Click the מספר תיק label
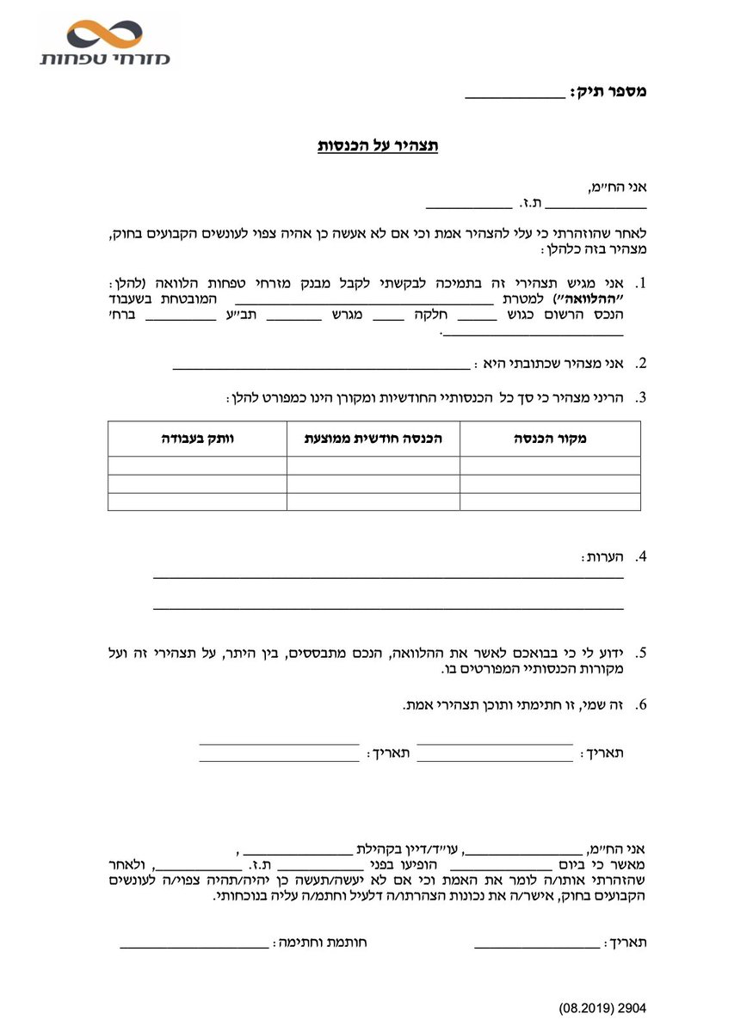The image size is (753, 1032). pyautogui.click(x=608, y=91)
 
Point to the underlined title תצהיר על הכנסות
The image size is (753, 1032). pyautogui.click(x=379, y=145)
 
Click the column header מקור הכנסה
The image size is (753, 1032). pyautogui.click(x=550, y=439)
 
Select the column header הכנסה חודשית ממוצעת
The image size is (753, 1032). pyautogui.click(x=373, y=439)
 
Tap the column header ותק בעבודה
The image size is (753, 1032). pyautogui.click(x=197, y=439)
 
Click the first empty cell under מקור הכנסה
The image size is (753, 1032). pyautogui.click(x=550, y=465)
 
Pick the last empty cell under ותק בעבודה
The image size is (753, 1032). pyautogui.click(x=197, y=501)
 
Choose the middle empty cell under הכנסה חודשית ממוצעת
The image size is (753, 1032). pyautogui.click(x=373, y=483)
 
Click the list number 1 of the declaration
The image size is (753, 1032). pyautogui.click(x=639, y=283)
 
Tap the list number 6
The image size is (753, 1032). pyautogui.click(x=639, y=705)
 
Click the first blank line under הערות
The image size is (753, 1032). pyautogui.click(x=388, y=578)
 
